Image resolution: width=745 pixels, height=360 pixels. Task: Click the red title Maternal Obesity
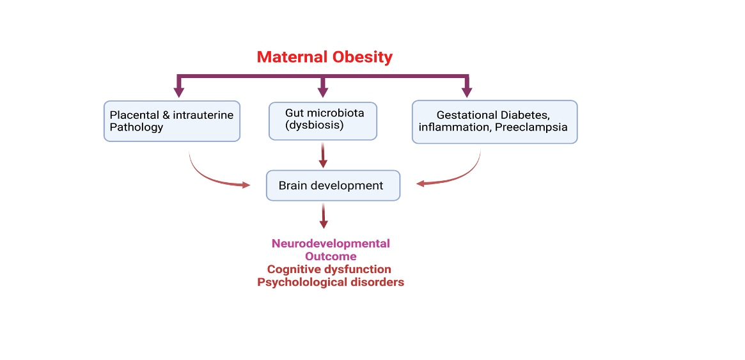click(324, 57)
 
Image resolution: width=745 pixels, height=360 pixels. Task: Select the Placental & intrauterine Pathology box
click(171, 121)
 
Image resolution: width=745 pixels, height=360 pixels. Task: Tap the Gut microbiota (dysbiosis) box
click(322, 121)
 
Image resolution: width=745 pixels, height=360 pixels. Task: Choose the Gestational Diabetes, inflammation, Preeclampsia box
click(494, 121)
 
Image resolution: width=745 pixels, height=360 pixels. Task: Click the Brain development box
click(333, 185)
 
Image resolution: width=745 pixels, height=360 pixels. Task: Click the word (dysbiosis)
click(315, 125)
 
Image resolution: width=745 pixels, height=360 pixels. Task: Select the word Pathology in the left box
click(136, 127)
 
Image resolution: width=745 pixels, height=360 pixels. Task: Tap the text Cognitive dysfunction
click(329, 269)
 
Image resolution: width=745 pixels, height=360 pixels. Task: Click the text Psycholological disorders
click(331, 282)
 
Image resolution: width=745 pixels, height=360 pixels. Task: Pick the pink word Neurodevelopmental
click(331, 243)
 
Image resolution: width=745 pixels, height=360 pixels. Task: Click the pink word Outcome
click(331, 256)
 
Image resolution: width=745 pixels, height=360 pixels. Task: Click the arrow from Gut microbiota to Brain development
click(323, 155)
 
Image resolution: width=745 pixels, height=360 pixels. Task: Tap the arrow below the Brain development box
click(324, 216)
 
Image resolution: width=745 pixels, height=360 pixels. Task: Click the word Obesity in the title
click(361, 57)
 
